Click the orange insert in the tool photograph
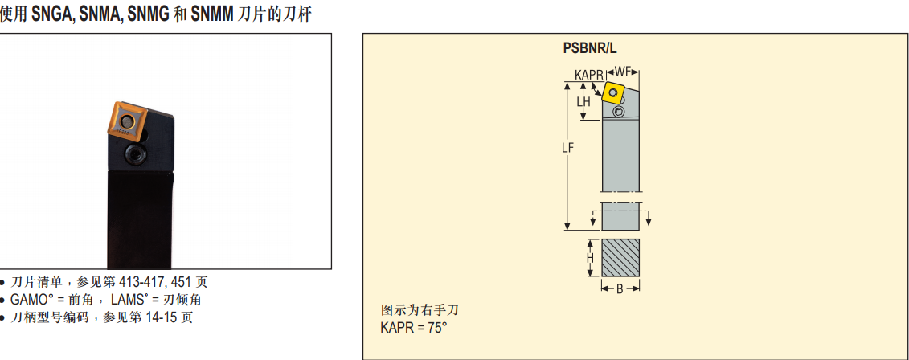point(125,122)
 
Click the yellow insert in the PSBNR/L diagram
point(612,92)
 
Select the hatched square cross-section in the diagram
point(620,257)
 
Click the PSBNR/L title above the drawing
point(590,49)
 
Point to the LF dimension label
point(567,147)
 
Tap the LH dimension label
point(583,101)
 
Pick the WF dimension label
point(622,72)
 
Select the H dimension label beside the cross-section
point(590,257)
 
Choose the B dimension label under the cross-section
point(619,288)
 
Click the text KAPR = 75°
point(414,328)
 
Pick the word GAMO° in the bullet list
point(29,300)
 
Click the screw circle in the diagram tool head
point(619,112)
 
